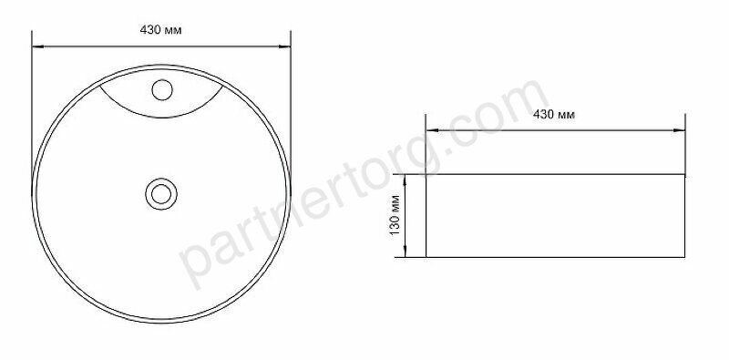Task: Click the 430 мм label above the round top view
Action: pyautogui.click(x=160, y=30)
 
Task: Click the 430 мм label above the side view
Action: pyautogui.click(x=554, y=115)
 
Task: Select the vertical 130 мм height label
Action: pyautogui.click(x=395, y=215)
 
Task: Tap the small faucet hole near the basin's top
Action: pyautogui.click(x=162, y=89)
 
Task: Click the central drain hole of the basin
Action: pyautogui.click(x=161, y=194)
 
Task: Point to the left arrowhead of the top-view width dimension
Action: pyautogui.click(x=37, y=46)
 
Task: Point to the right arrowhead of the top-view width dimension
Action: pyautogui.click(x=284, y=46)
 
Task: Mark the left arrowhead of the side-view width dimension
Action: pyautogui.click(x=432, y=130)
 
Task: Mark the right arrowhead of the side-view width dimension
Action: pyautogui.click(x=679, y=130)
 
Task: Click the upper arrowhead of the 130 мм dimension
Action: pyautogui.click(x=406, y=180)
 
